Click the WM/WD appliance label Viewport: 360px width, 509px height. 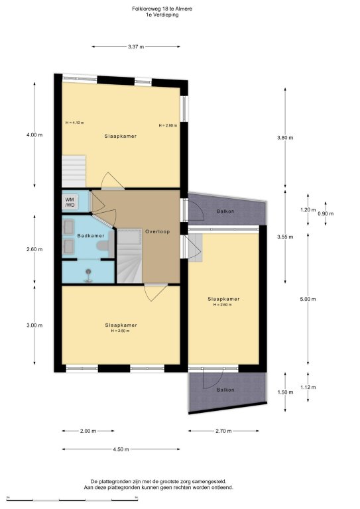(x=70, y=202)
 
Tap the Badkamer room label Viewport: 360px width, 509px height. (x=91, y=236)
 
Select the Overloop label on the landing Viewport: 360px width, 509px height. (x=157, y=231)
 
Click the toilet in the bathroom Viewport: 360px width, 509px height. (x=105, y=245)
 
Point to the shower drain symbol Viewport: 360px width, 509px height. (x=88, y=271)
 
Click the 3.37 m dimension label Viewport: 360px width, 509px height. (x=136, y=47)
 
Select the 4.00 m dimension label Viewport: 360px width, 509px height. (x=34, y=135)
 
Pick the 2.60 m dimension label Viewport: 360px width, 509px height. (x=34, y=249)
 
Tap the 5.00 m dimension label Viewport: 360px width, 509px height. (x=308, y=299)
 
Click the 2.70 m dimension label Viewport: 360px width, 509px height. (x=223, y=431)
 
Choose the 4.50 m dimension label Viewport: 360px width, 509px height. (x=121, y=449)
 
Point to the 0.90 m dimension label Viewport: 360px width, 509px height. (x=326, y=213)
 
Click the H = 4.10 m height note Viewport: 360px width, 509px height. (x=75, y=123)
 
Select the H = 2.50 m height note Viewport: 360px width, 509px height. (x=120, y=331)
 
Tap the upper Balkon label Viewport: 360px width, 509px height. (x=225, y=211)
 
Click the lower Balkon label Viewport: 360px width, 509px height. (x=225, y=390)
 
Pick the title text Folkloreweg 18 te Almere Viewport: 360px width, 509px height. (x=162, y=9)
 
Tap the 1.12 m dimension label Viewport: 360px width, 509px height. (x=308, y=387)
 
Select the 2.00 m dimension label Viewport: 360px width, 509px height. (x=88, y=431)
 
